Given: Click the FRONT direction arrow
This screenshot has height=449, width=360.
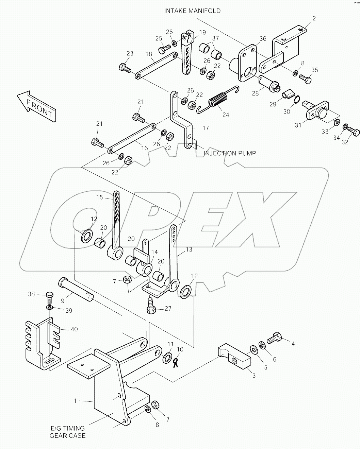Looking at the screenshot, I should [36, 106].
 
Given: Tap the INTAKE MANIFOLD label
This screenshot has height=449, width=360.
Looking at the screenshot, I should [192, 11].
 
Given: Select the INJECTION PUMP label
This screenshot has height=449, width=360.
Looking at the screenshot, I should [230, 153].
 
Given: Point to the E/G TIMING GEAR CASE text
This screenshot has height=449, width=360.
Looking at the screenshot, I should [68, 432].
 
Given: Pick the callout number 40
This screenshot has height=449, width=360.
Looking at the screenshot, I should [74, 329].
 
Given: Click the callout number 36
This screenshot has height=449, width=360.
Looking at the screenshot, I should [263, 39].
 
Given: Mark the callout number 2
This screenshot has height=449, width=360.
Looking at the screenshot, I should [314, 18].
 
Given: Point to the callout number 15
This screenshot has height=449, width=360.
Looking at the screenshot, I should [99, 197].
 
